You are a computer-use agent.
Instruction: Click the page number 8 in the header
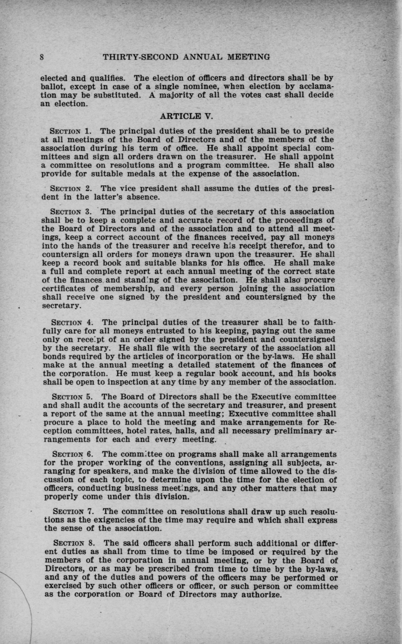tap(42, 57)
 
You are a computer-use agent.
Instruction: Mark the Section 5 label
tap(71, 397)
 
